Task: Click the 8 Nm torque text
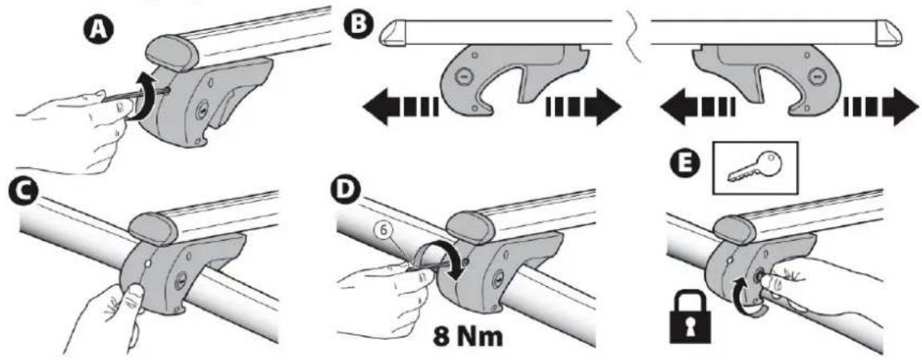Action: pyautogui.click(x=465, y=338)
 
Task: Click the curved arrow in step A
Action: pyautogui.click(x=143, y=97)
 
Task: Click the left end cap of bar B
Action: pyautogui.click(x=392, y=34)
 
